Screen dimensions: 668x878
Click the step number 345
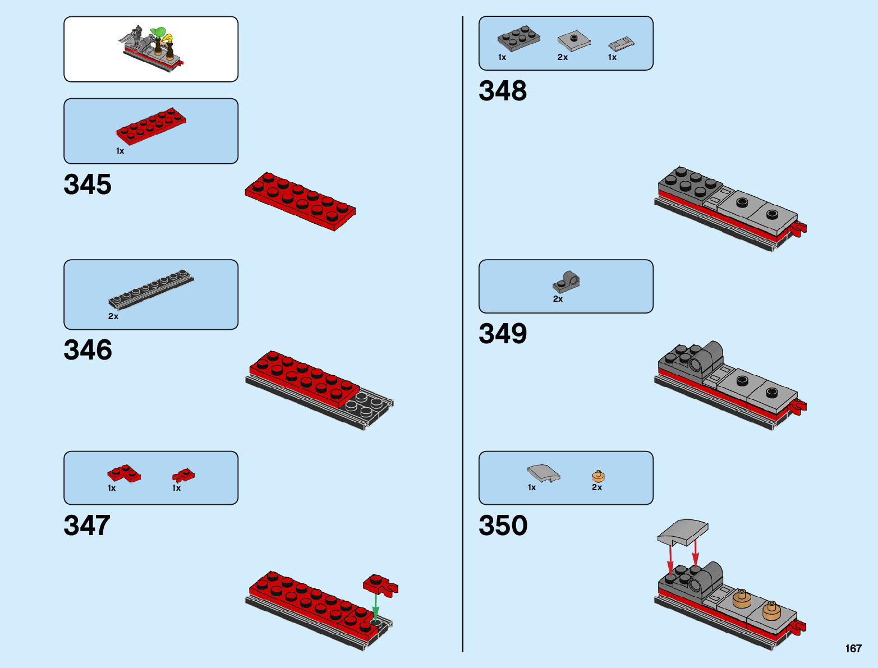[x=88, y=185]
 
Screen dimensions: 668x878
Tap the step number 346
[x=88, y=349]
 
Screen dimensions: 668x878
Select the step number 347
[x=87, y=526]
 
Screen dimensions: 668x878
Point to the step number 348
[x=503, y=91]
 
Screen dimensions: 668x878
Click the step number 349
[x=503, y=334]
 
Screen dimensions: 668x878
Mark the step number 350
[x=503, y=526]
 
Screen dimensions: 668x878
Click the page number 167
[x=853, y=648]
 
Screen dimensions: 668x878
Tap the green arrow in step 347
[x=375, y=607]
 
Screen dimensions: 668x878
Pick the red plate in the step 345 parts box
[x=151, y=126]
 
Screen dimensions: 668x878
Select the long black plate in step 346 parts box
[x=151, y=288]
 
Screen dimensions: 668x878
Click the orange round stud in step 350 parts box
[x=598, y=476]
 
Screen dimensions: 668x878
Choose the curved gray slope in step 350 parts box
[x=543, y=473]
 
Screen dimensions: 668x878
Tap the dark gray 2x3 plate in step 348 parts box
[x=518, y=38]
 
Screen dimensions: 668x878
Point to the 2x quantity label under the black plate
[x=113, y=316]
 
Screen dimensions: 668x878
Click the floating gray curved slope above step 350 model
[x=683, y=532]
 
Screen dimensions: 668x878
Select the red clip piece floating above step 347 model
[x=381, y=584]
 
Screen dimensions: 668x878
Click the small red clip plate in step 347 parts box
[x=183, y=476]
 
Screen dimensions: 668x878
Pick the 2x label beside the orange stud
[x=596, y=487]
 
